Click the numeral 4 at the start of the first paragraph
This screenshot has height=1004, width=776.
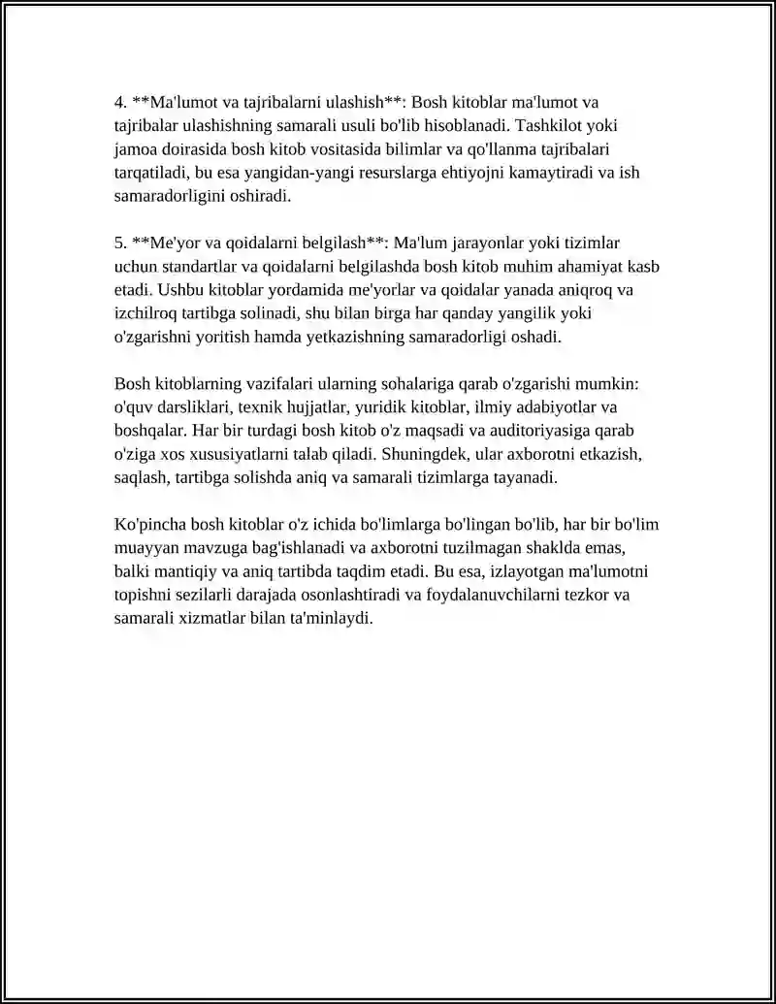(119, 102)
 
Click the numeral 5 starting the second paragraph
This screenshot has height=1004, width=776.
(119, 243)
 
